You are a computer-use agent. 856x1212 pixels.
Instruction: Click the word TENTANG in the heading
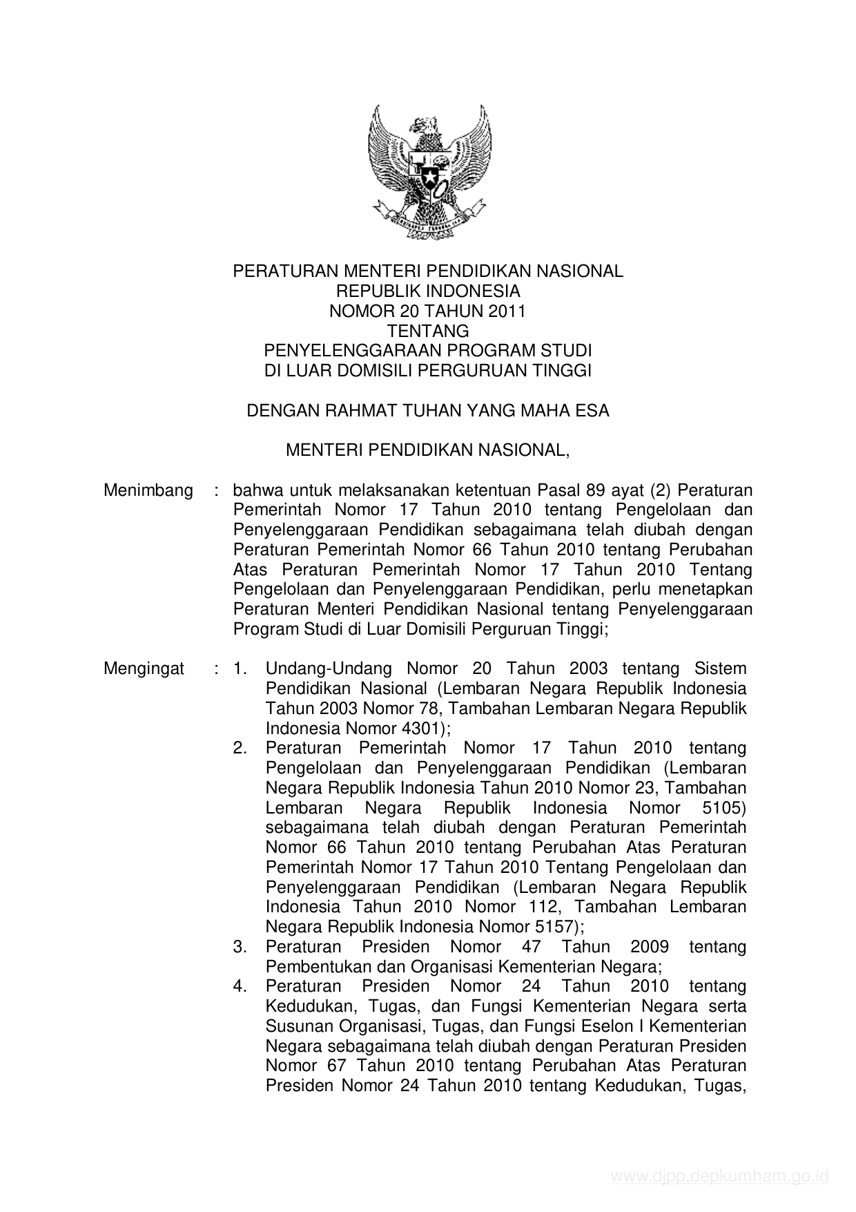tap(428, 331)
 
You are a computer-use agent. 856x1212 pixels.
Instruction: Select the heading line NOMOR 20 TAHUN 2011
tap(428, 311)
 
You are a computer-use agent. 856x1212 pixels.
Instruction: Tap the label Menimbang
tap(148, 490)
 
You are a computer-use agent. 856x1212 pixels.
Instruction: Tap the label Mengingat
tap(144, 668)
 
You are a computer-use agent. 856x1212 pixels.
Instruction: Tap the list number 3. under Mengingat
tap(240, 946)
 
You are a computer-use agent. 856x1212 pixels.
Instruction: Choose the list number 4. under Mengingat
tap(240, 986)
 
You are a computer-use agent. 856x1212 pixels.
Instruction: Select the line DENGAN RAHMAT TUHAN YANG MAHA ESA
tap(428, 411)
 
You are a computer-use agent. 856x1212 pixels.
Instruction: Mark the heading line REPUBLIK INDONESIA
tap(428, 291)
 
